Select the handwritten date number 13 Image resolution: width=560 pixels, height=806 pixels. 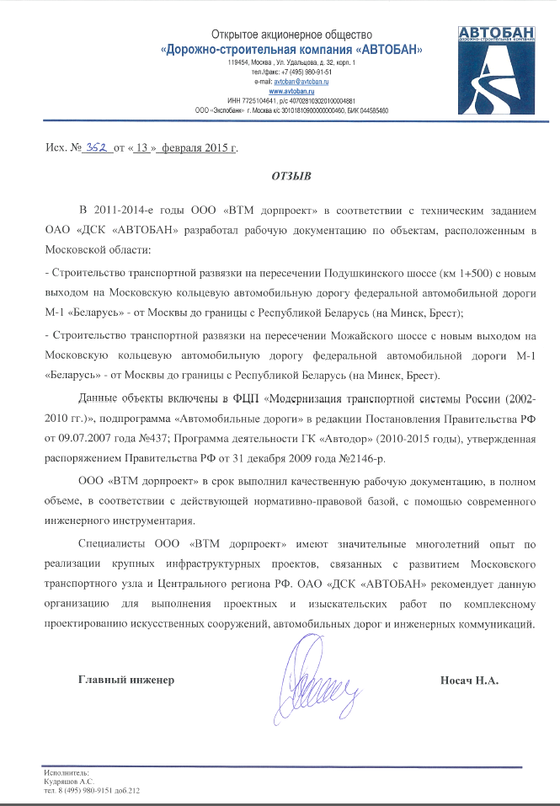coord(142,147)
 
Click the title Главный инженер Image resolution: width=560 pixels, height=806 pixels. coord(125,680)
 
